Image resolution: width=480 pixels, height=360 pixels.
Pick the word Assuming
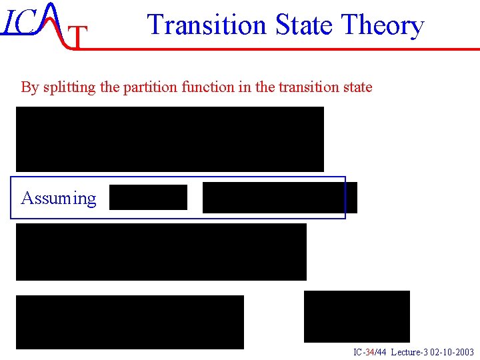click(x=59, y=198)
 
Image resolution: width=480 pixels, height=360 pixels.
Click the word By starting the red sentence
click(x=30, y=87)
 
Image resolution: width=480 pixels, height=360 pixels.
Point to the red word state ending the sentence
click(x=355, y=87)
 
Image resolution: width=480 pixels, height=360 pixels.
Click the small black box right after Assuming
click(x=148, y=197)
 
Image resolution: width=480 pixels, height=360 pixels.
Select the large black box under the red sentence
click(x=170, y=139)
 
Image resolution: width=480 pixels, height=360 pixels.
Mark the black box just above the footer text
click(x=357, y=316)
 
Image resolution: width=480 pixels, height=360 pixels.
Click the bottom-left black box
click(x=130, y=322)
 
